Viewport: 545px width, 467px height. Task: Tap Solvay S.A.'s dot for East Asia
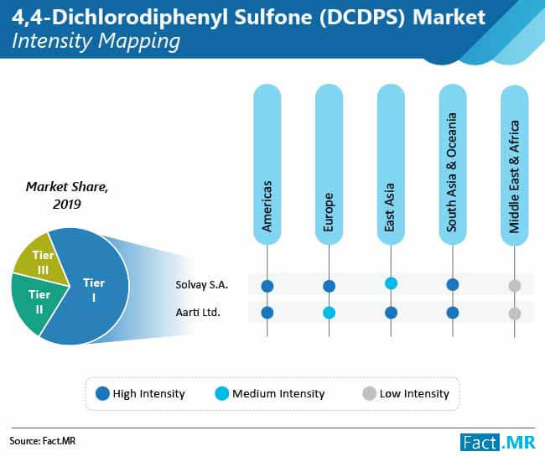pyautogui.click(x=391, y=283)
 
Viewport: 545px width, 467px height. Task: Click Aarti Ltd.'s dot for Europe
pyautogui.click(x=330, y=313)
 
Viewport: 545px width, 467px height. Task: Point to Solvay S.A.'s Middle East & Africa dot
pyautogui.click(x=515, y=286)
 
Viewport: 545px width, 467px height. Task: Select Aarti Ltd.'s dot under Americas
pyautogui.click(x=267, y=313)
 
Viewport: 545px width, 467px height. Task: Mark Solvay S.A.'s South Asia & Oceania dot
pyautogui.click(x=453, y=284)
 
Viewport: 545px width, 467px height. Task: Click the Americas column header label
pyautogui.click(x=267, y=206)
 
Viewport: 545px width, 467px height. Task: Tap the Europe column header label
pyautogui.click(x=329, y=212)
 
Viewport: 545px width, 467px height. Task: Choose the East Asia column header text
pyautogui.click(x=391, y=207)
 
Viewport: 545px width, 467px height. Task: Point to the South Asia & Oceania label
pyautogui.click(x=452, y=173)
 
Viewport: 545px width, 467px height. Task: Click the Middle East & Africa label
pyautogui.click(x=514, y=177)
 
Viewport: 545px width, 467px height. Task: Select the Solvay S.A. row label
pyautogui.click(x=201, y=285)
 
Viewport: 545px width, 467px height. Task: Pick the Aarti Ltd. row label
pyautogui.click(x=198, y=313)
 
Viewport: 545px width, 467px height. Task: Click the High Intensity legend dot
pyautogui.click(x=102, y=393)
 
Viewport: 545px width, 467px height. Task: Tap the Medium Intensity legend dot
pyautogui.click(x=221, y=393)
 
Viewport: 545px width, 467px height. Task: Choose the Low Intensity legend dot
pyautogui.click(x=369, y=393)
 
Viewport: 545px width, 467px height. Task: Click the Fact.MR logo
pyautogui.click(x=498, y=443)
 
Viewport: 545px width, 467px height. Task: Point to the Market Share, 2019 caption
pyautogui.click(x=67, y=195)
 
